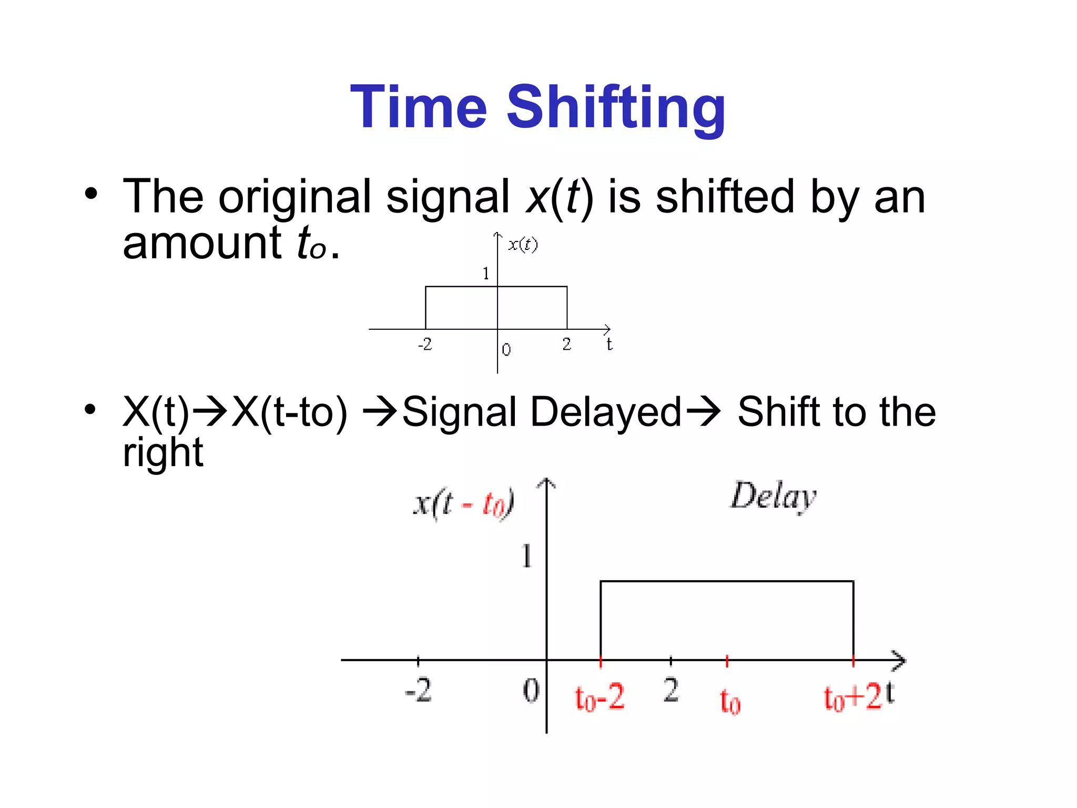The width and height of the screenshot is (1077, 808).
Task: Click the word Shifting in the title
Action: (616, 108)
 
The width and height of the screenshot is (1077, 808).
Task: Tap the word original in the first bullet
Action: (295, 197)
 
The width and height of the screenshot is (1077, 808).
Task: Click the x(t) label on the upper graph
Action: (523, 245)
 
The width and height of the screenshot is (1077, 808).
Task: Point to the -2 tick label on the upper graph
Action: (424, 345)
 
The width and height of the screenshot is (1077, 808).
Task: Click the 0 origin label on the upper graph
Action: (506, 350)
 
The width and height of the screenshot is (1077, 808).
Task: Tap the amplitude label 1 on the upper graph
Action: (486, 274)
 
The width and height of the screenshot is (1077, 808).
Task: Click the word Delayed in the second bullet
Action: (605, 412)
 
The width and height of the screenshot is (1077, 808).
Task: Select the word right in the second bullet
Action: (162, 453)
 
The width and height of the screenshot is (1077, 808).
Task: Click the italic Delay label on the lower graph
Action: (773, 496)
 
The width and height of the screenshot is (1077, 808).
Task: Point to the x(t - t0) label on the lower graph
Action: (463, 503)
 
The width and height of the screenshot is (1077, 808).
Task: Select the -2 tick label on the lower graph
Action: (418, 690)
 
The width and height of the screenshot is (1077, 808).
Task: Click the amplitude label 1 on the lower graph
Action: (526, 556)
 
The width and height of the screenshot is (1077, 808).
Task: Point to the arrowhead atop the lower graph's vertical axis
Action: (546, 482)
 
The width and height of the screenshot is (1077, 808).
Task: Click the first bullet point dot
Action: (91, 194)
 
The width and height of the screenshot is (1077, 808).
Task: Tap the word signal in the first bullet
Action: (448, 197)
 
